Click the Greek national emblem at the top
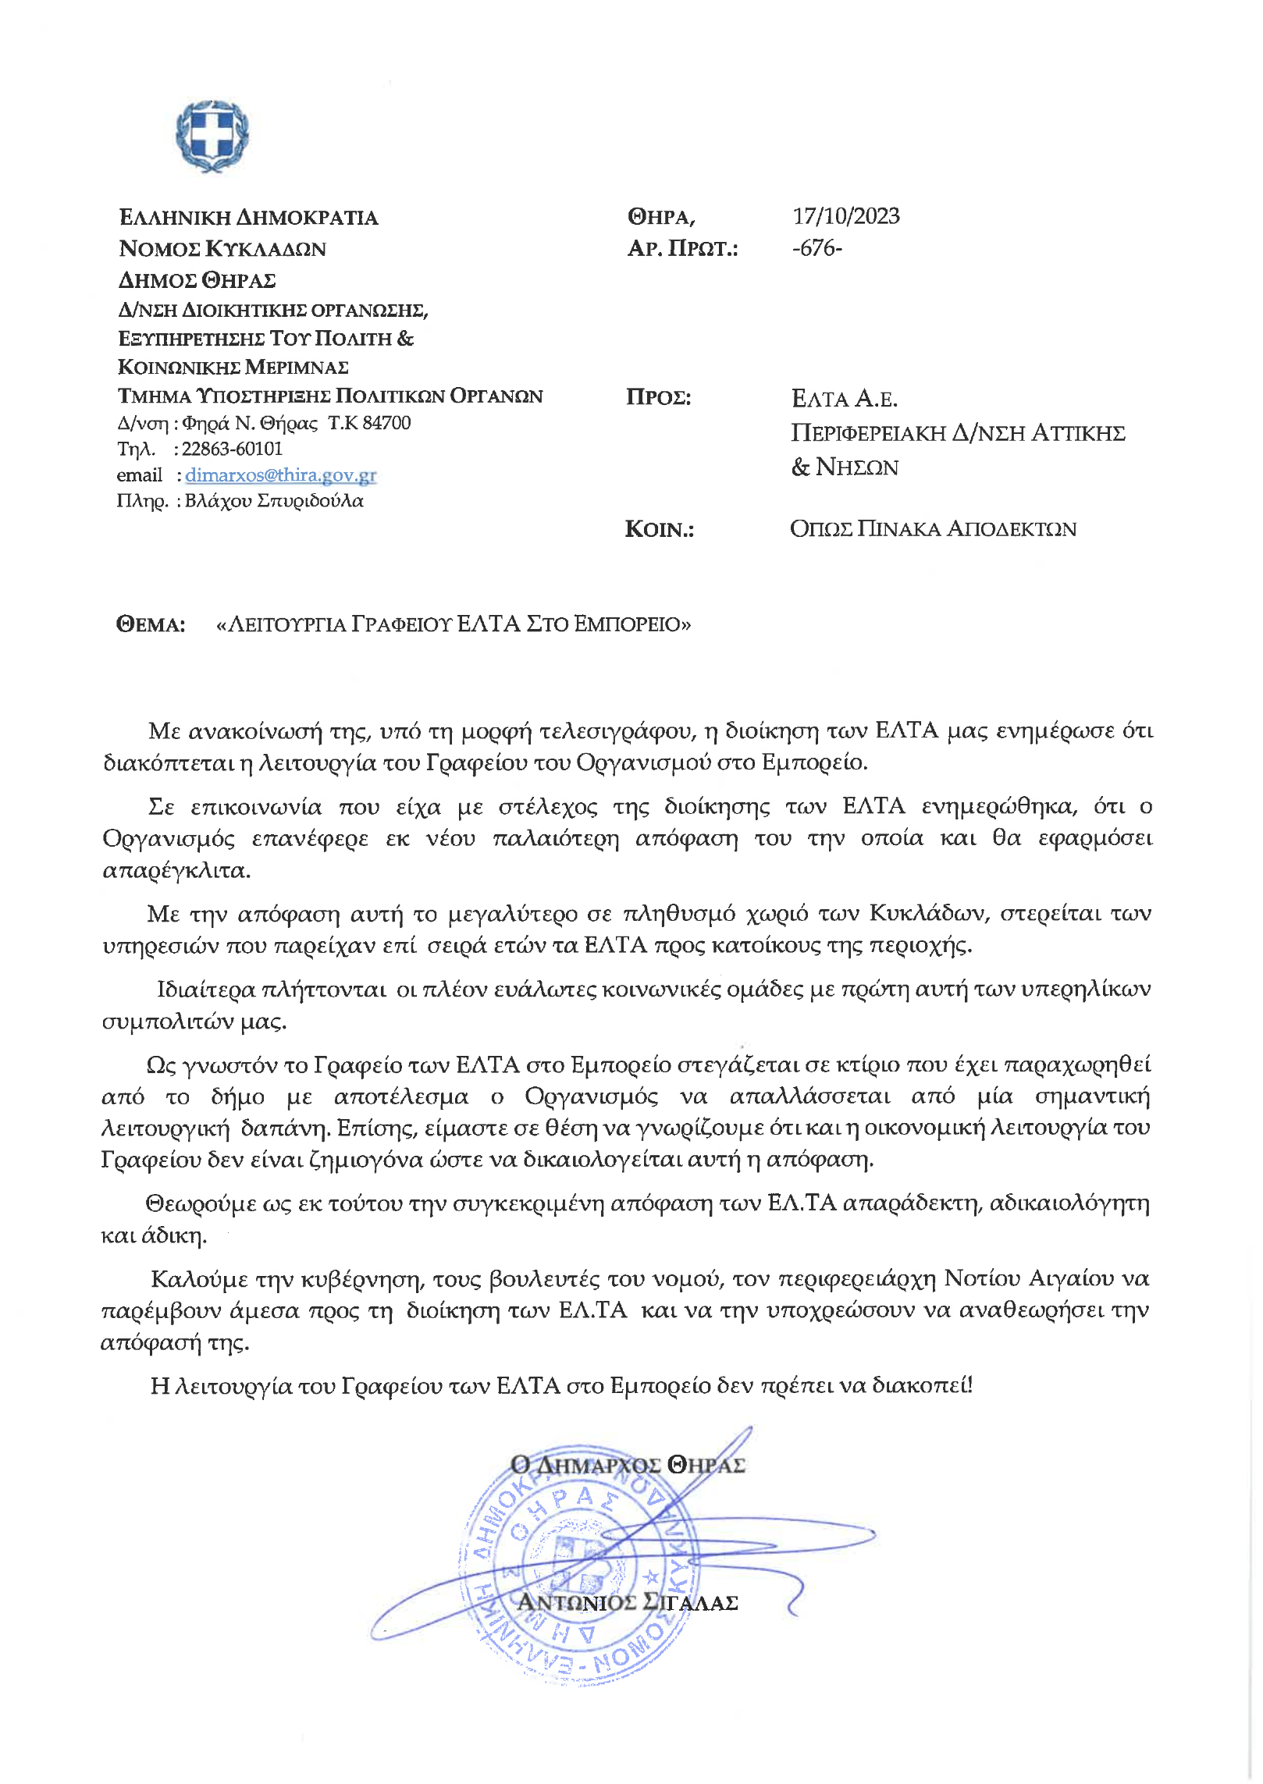tap(212, 136)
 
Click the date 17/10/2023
tap(846, 216)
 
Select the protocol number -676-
tap(817, 248)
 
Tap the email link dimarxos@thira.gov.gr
tap(281, 475)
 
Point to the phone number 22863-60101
tap(232, 449)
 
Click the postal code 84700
tap(386, 423)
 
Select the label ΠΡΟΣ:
tap(658, 397)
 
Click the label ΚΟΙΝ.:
tap(659, 529)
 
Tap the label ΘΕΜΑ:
tap(151, 624)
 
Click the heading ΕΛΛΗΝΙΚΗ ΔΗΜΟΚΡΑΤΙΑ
tap(248, 218)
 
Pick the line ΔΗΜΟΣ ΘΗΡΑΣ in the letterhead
tap(197, 280)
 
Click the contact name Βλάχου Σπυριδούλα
tap(274, 501)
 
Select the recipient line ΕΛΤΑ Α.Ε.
tap(844, 399)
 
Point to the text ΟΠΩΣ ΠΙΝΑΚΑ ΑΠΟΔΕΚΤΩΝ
tap(933, 529)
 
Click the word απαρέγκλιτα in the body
tap(176, 870)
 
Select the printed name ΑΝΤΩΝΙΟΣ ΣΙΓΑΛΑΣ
tap(628, 1602)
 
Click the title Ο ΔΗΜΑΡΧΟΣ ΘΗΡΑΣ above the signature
tap(628, 1465)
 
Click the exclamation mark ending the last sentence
tap(970, 1385)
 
